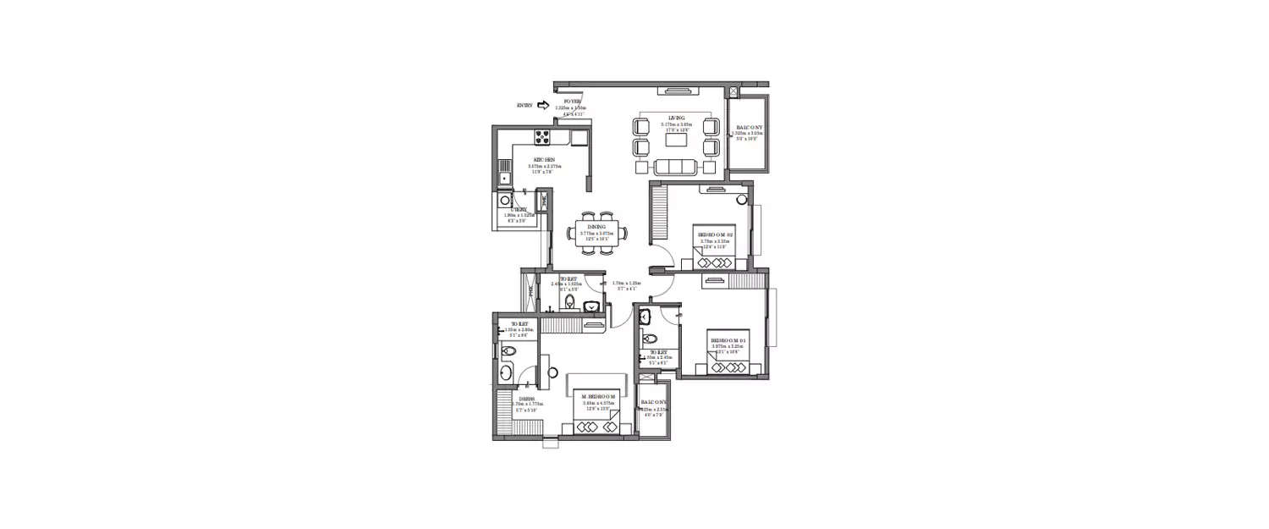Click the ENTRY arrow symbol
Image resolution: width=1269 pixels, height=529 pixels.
[x=542, y=106]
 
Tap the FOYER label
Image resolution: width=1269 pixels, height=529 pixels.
[x=573, y=102]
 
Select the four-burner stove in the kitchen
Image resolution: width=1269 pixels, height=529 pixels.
[x=541, y=137]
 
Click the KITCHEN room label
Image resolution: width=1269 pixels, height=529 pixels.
[x=544, y=159]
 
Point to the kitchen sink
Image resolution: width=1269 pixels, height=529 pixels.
[x=503, y=179]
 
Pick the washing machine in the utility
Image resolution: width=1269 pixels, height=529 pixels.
[x=504, y=201]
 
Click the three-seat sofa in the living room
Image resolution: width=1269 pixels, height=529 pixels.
[x=674, y=165]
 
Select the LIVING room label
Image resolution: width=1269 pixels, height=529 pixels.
[x=677, y=118]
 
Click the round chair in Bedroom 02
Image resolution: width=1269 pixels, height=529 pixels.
[x=741, y=200]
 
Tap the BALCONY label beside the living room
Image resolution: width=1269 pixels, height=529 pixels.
[x=749, y=128]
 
